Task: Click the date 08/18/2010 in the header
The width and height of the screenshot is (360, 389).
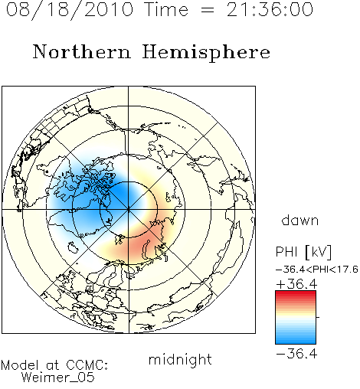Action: click(70, 10)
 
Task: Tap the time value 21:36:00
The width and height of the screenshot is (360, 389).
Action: click(270, 9)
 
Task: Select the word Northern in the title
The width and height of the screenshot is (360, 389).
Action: click(82, 52)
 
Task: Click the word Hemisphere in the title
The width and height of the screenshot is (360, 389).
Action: click(206, 53)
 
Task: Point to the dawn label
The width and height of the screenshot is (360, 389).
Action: click(300, 221)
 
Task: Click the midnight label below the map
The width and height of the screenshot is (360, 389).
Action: click(180, 360)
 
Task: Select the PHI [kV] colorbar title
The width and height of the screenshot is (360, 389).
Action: click(303, 252)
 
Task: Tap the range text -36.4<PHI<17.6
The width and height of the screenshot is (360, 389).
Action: click(317, 270)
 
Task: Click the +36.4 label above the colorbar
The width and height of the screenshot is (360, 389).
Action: click(296, 284)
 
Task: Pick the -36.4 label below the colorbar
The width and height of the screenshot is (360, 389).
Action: click(296, 354)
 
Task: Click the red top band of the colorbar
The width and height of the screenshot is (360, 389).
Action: click(296, 295)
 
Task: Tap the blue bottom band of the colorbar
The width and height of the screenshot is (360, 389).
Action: click(296, 339)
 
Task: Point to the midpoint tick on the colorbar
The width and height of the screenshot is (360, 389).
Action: click(318, 317)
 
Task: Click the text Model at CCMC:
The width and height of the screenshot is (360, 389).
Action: click(54, 365)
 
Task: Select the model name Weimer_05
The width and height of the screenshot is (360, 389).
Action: click(58, 378)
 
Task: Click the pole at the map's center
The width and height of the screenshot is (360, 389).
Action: click(129, 210)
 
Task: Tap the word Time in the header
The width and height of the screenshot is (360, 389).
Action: click(166, 9)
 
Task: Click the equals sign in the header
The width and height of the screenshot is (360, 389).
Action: click(208, 10)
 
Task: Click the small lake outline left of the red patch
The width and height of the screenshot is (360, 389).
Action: click(73, 247)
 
